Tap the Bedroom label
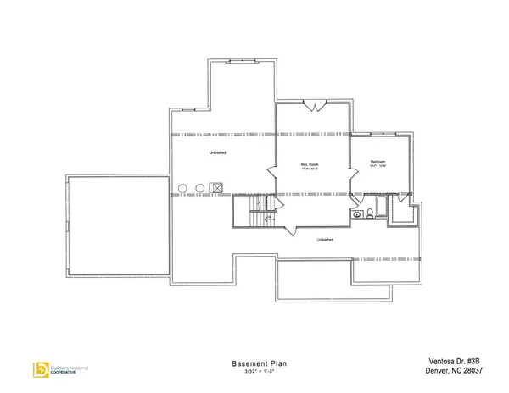coord(378,162)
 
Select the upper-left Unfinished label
coord(217,152)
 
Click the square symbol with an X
coord(217,188)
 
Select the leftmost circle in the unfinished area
coord(182,188)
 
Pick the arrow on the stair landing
coord(269,219)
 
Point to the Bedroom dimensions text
coord(378,168)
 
